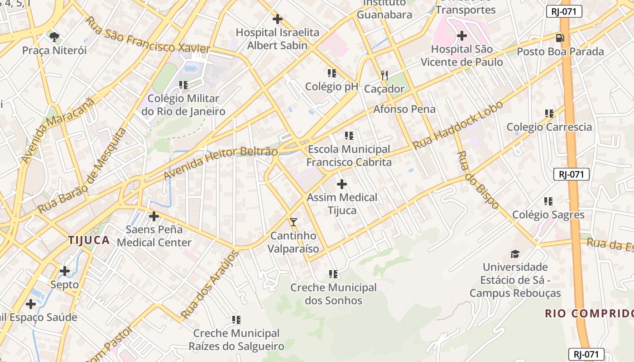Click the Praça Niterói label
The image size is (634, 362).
click(54, 50)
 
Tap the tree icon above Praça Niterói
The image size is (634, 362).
click(54, 37)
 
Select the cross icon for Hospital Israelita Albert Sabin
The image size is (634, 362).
click(277, 19)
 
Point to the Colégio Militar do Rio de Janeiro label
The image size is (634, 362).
click(183, 105)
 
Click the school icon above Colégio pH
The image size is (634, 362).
click(331, 73)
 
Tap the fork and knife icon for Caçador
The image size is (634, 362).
click(384, 75)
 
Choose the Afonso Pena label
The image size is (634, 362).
click(404, 109)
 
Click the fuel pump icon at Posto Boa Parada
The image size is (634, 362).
click(560, 38)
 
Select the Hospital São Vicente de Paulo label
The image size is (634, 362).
click(462, 56)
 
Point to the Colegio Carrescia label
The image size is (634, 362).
click(549, 127)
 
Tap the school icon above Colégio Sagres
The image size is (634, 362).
click(548, 201)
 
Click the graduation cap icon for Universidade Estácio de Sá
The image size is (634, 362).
click(515, 254)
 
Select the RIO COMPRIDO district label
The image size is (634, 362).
click(589, 314)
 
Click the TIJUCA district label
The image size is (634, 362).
click(89, 240)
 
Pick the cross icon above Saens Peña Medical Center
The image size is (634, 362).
click(154, 216)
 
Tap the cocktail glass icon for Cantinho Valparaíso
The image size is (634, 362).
click(293, 222)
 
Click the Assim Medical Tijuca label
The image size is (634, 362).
click(342, 204)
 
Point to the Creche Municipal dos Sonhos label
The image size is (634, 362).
click(333, 294)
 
